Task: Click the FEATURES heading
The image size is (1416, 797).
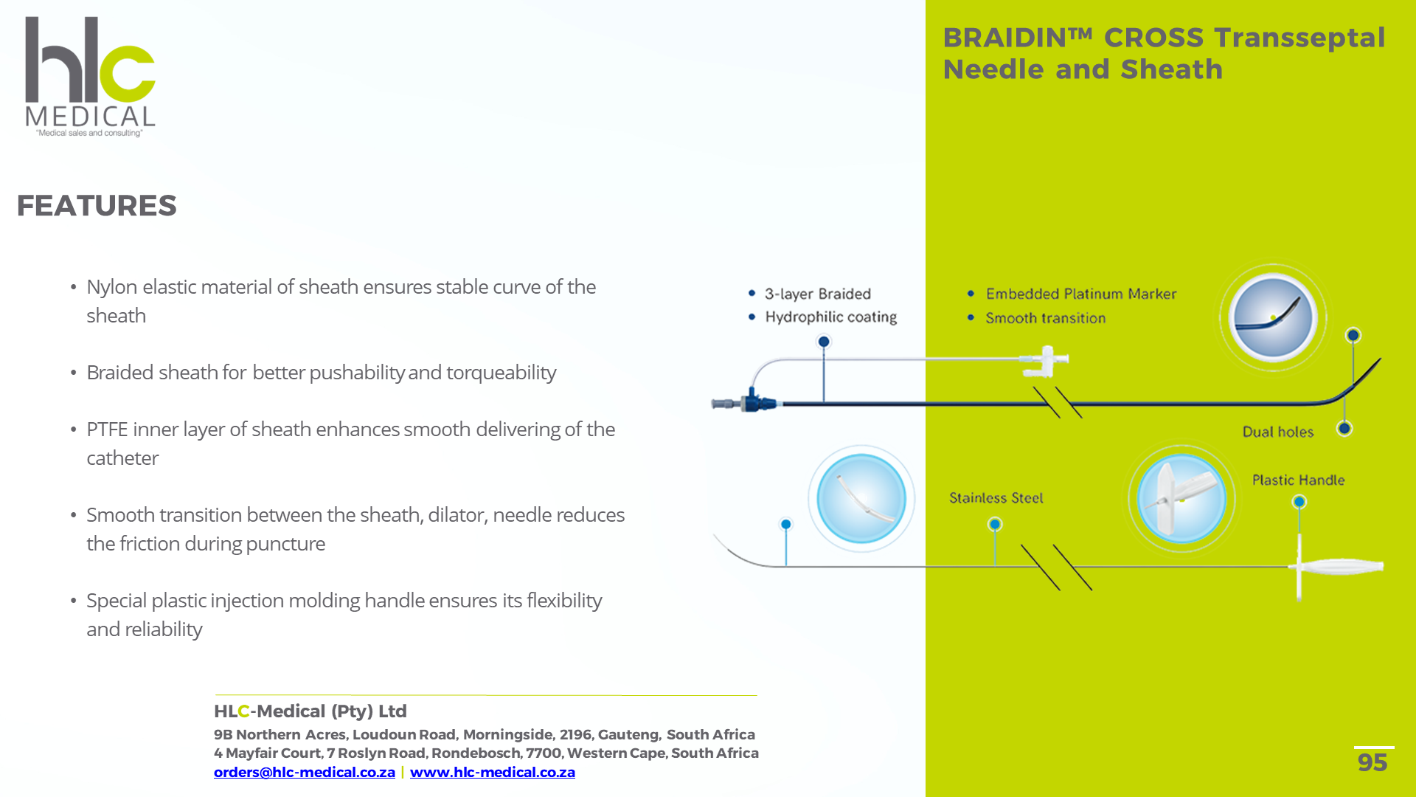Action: point(97,206)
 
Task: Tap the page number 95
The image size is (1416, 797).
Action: point(1372,762)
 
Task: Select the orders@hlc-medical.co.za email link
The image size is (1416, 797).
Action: point(304,772)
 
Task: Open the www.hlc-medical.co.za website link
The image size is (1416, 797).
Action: point(492,772)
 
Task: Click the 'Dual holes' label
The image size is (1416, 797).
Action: point(1277,432)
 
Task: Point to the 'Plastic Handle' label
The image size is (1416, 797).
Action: point(1298,480)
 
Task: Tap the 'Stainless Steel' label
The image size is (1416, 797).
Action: point(996,498)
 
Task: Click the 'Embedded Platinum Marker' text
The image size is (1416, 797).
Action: point(1080,294)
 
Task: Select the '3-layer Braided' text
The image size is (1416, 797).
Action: point(817,294)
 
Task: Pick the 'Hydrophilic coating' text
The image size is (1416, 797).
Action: point(830,317)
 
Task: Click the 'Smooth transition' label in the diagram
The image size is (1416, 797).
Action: point(1045,318)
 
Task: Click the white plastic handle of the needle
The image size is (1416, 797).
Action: point(1339,567)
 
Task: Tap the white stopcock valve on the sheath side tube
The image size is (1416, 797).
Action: point(1046,360)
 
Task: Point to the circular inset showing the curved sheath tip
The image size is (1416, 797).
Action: point(1272,317)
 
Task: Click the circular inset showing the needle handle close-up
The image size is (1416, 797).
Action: point(1181,499)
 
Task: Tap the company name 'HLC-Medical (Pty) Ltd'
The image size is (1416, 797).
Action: point(310,711)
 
